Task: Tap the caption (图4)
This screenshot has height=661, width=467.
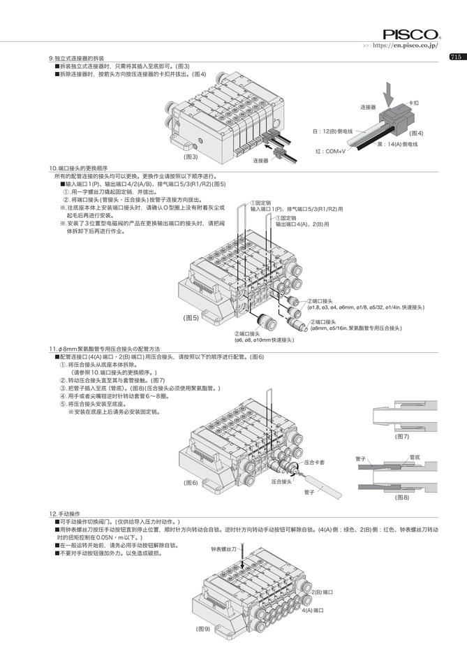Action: pos(416,133)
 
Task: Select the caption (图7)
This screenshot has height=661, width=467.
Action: pos(402,436)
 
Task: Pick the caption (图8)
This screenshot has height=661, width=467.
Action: pos(402,497)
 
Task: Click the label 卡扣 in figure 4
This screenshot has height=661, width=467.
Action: pos(413,103)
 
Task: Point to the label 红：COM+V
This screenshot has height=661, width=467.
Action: pos(330,151)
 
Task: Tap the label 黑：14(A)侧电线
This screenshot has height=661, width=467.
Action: pos(397,144)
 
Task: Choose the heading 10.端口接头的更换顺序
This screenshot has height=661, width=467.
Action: pos(78,168)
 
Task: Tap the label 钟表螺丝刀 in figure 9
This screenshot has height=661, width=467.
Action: pos(224,550)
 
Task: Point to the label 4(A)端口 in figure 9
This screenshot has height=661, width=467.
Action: pos(314,610)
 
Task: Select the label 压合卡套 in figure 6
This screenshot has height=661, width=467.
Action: pos(316,463)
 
